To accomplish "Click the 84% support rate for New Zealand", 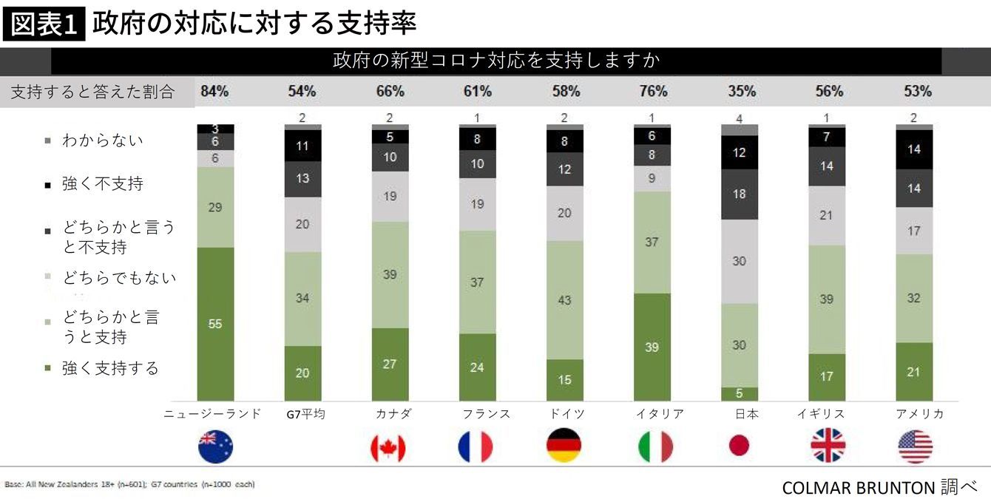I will click(x=214, y=92).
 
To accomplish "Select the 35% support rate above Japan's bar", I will click(x=741, y=92).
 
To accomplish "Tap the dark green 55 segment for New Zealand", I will click(x=215, y=324).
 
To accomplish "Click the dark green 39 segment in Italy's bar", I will click(x=652, y=347).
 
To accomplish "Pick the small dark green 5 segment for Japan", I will click(x=739, y=394).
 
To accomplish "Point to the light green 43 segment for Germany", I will click(x=564, y=300).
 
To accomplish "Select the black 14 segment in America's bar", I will click(x=914, y=149).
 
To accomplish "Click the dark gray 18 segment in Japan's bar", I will click(x=739, y=194).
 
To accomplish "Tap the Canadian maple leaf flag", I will click(x=388, y=447).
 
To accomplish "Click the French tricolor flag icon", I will click(x=476, y=447).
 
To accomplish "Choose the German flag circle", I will click(x=564, y=447).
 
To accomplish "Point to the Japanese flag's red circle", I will click(x=739, y=445).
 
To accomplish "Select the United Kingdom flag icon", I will click(x=828, y=447).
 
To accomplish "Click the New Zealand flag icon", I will click(x=215, y=447).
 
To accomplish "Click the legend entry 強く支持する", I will click(x=110, y=368).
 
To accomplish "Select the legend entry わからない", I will click(x=103, y=140).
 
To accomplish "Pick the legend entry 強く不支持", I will click(x=103, y=184).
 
